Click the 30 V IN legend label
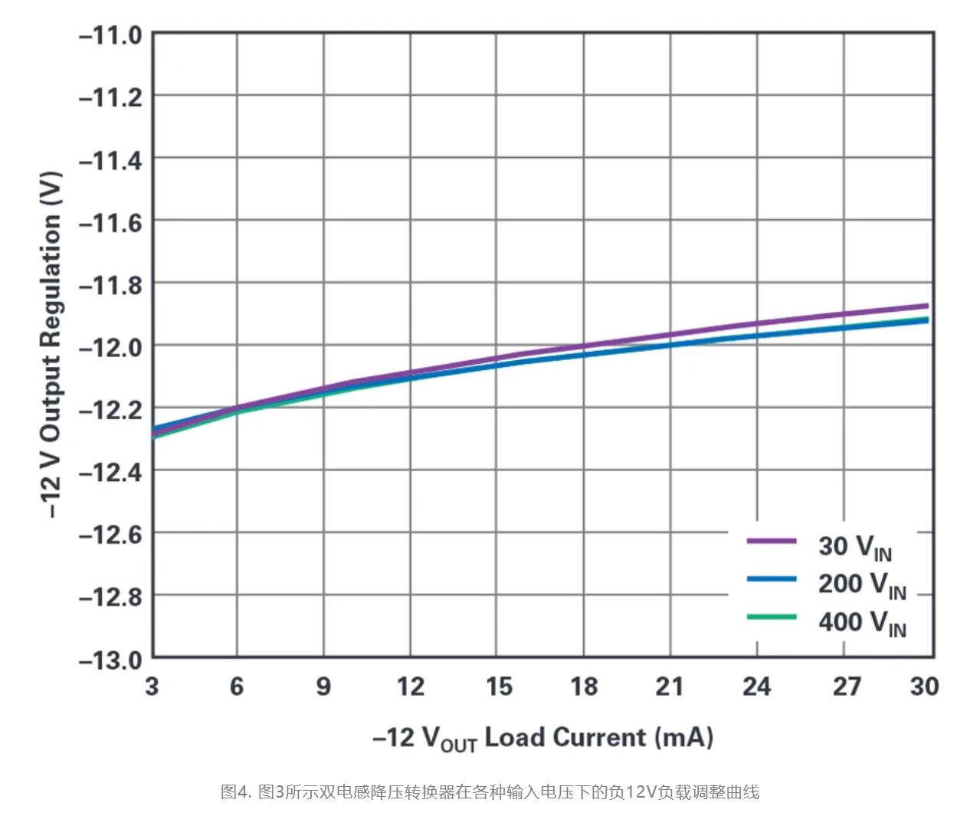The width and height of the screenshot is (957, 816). (854, 547)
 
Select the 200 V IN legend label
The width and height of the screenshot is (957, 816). (862, 585)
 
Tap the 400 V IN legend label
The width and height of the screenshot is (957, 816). (862, 622)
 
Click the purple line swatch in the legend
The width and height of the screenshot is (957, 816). (772, 541)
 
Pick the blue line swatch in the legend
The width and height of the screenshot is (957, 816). (772, 578)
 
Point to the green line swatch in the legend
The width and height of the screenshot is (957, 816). (772, 616)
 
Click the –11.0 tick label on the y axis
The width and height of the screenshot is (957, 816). (110, 35)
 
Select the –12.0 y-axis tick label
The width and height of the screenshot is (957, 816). (110, 347)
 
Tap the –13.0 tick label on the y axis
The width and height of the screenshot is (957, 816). (110, 659)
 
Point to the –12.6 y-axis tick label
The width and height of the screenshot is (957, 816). (110, 534)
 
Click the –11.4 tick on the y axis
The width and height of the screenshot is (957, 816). (110, 160)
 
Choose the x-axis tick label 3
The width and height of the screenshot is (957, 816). (152, 686)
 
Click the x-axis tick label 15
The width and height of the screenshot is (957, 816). (498, 686)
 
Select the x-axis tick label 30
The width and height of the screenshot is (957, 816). (924, 686)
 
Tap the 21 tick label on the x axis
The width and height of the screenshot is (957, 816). (670, 686)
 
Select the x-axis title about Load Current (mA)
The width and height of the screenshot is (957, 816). (542, 738)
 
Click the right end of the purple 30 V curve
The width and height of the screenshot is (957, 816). (926, 306)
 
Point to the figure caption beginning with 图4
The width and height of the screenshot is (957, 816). (490, 791)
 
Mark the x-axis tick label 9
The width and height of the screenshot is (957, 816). (323, 686)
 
